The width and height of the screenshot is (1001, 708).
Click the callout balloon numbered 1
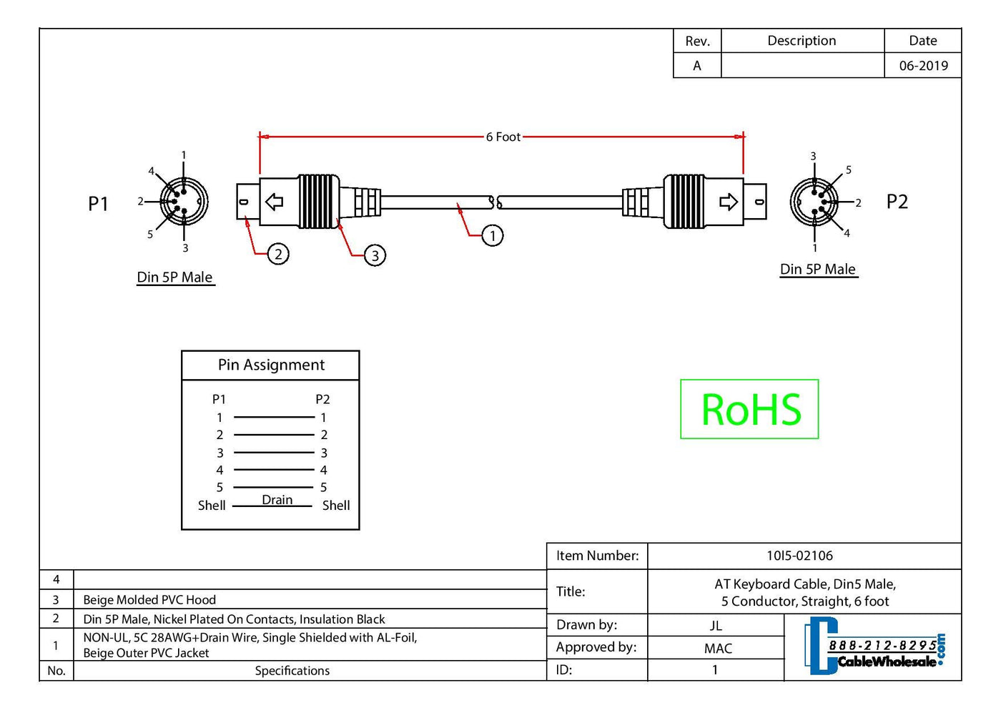coord(492,235)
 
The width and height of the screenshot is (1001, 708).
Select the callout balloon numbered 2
coord(278,254)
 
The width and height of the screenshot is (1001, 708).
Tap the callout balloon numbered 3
coord(375,255)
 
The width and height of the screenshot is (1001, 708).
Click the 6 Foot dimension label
coord(503,137)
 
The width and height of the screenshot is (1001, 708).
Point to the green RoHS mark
coord(749,409)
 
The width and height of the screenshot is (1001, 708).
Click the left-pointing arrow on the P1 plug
coord(275,202)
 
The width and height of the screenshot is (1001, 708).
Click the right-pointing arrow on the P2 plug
coord(728,202)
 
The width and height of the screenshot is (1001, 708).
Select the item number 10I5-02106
coord(799,556)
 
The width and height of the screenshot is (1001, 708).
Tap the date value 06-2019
coord(923,66)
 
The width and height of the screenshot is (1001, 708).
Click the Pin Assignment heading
coord(271,365)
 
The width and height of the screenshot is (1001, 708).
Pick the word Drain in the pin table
coord(277,500)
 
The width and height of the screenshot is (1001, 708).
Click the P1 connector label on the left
coord(98,204)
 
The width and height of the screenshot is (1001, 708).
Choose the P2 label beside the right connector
coord(897,202)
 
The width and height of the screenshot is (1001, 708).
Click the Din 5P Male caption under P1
coord(175,277)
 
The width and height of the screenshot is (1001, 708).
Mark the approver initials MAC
coord(718,649)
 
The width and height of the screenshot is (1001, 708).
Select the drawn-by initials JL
coord(716,626)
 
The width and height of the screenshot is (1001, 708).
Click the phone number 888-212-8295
coord(882,646)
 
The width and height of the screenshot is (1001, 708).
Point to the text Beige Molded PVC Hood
coord(149,600)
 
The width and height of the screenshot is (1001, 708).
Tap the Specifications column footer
coord(292,671)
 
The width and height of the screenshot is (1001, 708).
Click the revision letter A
coord(697,66)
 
